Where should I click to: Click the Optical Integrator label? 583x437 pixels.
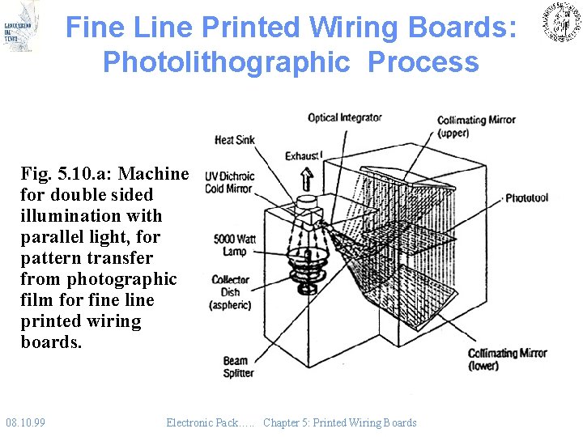pos(344,118)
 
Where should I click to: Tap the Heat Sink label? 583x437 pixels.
pos(234,140)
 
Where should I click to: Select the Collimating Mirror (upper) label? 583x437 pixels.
pos(476,127)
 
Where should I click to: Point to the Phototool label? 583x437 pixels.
pos(526,197)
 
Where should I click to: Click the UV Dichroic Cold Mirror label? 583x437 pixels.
pos(229,182)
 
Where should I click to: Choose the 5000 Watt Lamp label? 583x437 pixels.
pos(235,245)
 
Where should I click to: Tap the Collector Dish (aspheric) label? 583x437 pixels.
pos(230,292)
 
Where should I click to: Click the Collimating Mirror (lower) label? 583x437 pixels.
pos(507,359)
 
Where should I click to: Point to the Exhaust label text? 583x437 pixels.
pos(303,155)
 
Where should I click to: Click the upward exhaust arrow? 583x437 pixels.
pos(307,177)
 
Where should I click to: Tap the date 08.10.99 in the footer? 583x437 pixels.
pos(25,422)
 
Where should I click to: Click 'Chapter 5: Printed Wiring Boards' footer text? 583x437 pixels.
pos(339,422)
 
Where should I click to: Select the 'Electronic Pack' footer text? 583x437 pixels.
pos(211,422)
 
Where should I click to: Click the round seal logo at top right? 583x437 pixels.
pos(560,23)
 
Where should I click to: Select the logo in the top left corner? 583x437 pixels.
pos(20,26)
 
